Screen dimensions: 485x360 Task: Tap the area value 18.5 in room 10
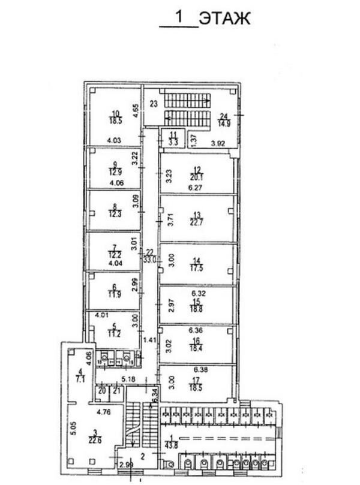coord(115,121)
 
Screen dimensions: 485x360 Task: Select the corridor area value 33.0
coord(149,260)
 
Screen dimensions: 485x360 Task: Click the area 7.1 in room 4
coord(79,379)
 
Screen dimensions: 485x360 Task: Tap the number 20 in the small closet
coord(102,391)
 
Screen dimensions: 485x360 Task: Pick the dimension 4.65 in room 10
coord(136,110)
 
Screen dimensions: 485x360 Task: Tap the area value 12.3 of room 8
coord(115,213)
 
